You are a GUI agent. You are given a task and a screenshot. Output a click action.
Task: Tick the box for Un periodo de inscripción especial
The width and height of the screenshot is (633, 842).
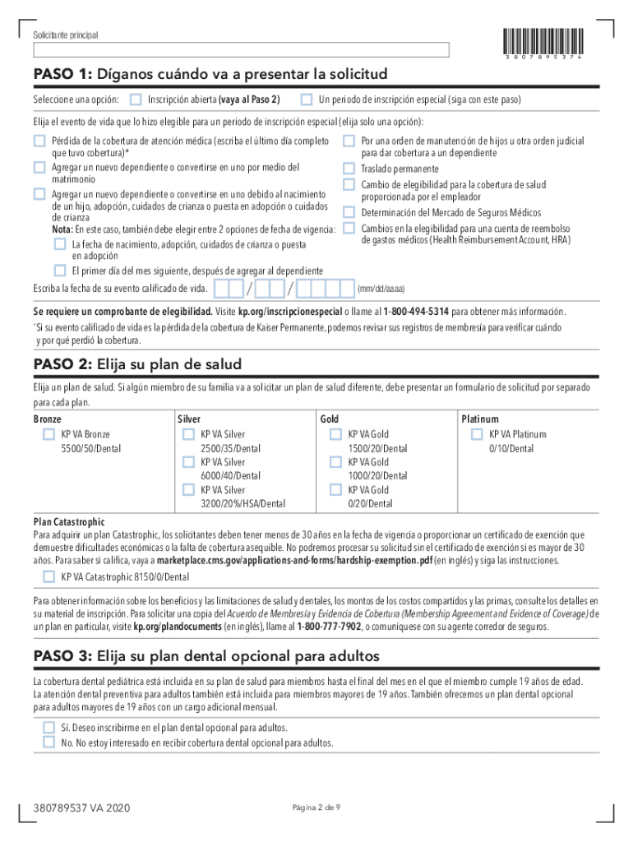click(306, 99)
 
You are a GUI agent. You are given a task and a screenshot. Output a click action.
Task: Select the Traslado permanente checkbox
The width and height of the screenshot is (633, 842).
click(349, 169)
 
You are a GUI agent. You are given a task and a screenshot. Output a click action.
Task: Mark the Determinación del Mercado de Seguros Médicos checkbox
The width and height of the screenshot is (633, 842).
click(349, 212)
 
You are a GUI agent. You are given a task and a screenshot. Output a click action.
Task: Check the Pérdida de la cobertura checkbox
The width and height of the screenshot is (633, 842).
click(39, 141)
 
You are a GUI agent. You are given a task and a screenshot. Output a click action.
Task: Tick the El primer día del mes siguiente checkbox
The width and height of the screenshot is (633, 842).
click(60, 271)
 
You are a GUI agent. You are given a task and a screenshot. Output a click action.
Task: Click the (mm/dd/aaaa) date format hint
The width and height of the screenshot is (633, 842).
click(381, 289)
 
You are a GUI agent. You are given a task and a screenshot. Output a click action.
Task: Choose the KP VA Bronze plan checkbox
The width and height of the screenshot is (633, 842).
click(49, 434)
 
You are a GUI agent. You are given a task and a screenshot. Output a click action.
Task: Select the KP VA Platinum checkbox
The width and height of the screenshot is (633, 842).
click(476, 434)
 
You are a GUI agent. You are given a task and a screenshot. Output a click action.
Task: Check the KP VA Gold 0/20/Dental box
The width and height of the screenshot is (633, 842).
click(335, 490)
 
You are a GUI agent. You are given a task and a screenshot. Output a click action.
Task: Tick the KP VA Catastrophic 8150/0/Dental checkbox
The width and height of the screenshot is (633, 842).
click(49, 576)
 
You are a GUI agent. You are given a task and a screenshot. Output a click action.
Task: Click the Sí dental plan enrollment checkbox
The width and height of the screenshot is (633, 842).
click(49, 728)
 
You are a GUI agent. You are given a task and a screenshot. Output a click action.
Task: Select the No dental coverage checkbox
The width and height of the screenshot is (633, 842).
click(49, 742)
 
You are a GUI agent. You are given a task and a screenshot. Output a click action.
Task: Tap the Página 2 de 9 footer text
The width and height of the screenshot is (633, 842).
click(316, 807)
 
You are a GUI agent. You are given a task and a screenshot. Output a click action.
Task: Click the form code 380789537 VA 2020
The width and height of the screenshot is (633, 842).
click(81, 808)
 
